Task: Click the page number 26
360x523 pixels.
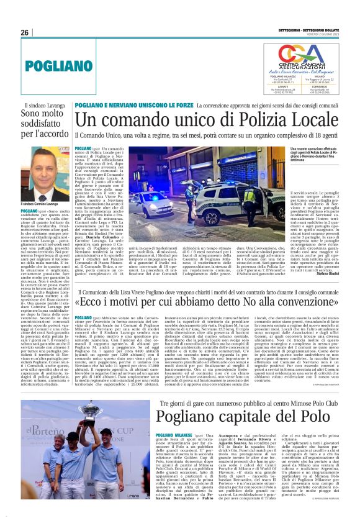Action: coord(25,33)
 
